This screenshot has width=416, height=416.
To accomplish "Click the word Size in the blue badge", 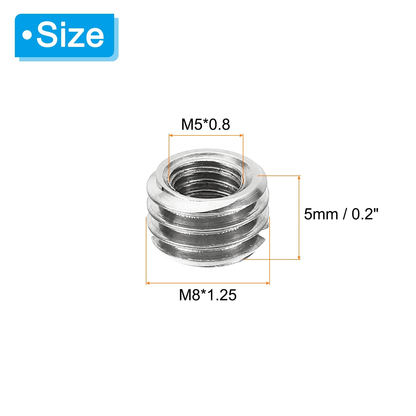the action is (x=70, y=35).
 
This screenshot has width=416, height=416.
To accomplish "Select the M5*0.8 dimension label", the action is (x=205, y=124).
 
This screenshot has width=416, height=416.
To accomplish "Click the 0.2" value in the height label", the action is (x=365, y=214).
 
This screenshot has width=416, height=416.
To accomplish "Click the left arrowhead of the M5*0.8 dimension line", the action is (x=171, y=135).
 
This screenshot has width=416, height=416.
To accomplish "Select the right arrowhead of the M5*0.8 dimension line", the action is (x=241, y=135).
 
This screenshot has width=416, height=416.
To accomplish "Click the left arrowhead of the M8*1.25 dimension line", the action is (x=148, y=283).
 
